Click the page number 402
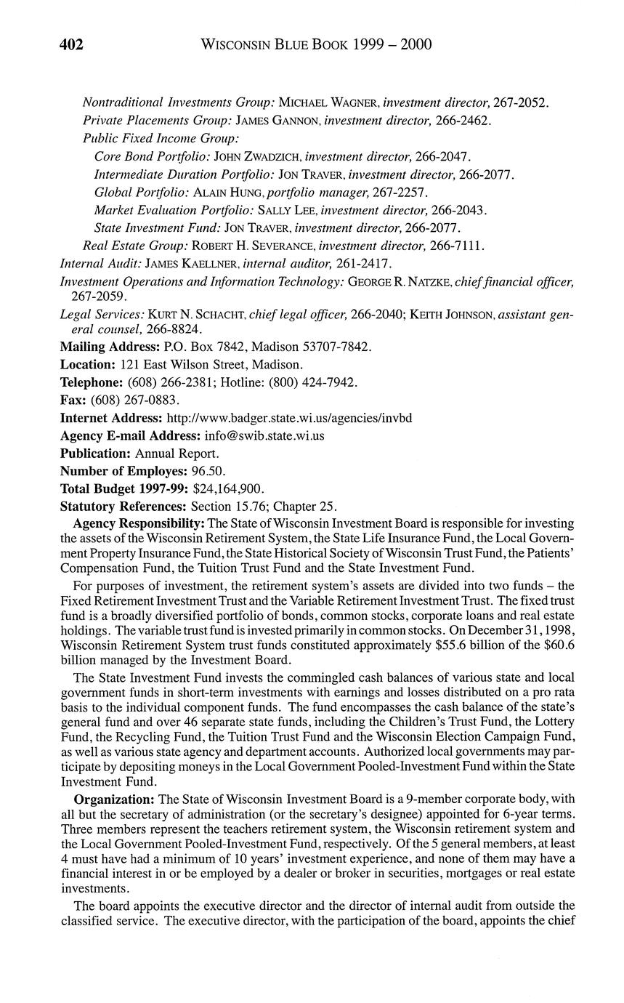tap(72, 45)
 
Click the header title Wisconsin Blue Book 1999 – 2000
tap(315, 45)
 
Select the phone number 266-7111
tap(456, 246)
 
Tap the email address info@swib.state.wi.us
tap(264, 436)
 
